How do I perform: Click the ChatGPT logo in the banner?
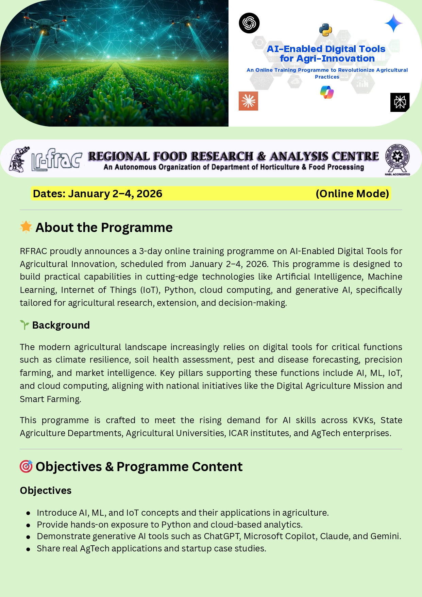[249, 23]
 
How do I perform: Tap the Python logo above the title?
[325, 30]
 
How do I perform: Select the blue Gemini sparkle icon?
[393, 23]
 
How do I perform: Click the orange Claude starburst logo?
[248, 101]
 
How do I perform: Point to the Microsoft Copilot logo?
[327, 92]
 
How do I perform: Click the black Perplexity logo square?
[400, 102]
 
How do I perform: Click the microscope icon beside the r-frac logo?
[20, 160]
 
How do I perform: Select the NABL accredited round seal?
[397, 158]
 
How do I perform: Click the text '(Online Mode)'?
[352, 194]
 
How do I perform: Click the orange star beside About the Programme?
[26, 227]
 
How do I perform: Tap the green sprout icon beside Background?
[24, 325]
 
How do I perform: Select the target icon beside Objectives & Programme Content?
[26, 466]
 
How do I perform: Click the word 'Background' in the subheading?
[61, 325]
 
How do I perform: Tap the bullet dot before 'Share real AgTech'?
[29, 549]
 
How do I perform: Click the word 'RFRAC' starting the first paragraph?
[33, 251]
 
